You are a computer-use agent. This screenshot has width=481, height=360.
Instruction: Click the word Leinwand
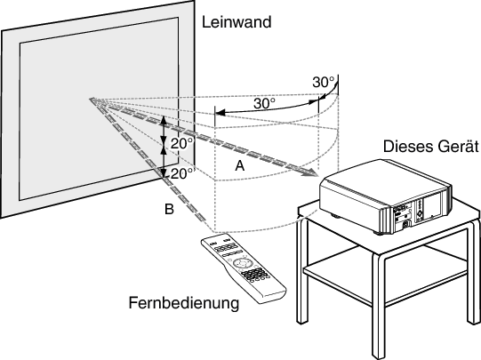[x=236, y=22]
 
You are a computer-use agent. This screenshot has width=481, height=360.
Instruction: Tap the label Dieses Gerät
[x=431, y=147]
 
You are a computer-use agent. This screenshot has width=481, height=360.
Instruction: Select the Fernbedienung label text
[x=184, y=303]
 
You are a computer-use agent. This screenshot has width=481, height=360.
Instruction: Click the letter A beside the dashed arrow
[x=240, y=166]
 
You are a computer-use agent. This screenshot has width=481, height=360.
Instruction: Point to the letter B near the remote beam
[x=169, y=209]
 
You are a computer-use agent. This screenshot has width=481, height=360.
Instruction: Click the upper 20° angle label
[x=182, y=143]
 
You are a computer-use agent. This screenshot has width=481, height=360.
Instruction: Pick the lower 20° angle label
[x=182, y=174]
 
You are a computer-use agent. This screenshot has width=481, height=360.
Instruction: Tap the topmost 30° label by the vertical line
[x=324, y=82]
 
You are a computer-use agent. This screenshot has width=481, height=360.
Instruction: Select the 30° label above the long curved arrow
[x=264, y=104]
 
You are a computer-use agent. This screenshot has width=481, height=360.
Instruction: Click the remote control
[x=244, y=270]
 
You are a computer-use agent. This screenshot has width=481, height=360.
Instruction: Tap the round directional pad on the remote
[x=243, y=263]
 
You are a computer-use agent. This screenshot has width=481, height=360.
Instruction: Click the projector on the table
[x=386, y=196]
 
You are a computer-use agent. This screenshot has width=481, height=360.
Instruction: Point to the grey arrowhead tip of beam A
[x=317, y=175]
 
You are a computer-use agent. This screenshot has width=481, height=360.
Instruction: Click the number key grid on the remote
[x=254, y=274]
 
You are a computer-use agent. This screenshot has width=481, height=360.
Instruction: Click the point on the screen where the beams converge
[x=92, y=99]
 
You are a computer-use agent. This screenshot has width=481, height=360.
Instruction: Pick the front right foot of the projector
[x=380, y=233]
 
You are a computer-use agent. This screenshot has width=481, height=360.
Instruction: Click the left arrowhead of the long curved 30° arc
[x=217, y=113]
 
